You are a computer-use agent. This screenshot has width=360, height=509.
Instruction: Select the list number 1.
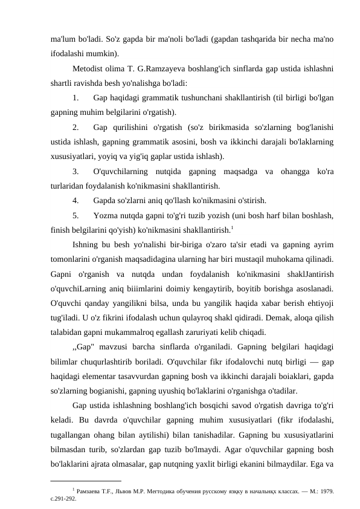click(x=76, y=97)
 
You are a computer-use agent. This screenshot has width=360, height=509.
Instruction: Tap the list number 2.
click(x=76, y=127)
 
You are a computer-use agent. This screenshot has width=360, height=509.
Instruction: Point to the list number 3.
click(x=76, y=171)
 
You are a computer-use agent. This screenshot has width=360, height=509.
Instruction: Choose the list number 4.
click(x=76, y=200)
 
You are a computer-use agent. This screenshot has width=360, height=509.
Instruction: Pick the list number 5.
click(x=76, y=215)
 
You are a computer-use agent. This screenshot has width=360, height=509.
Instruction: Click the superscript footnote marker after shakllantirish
click(x=233, y=227)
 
